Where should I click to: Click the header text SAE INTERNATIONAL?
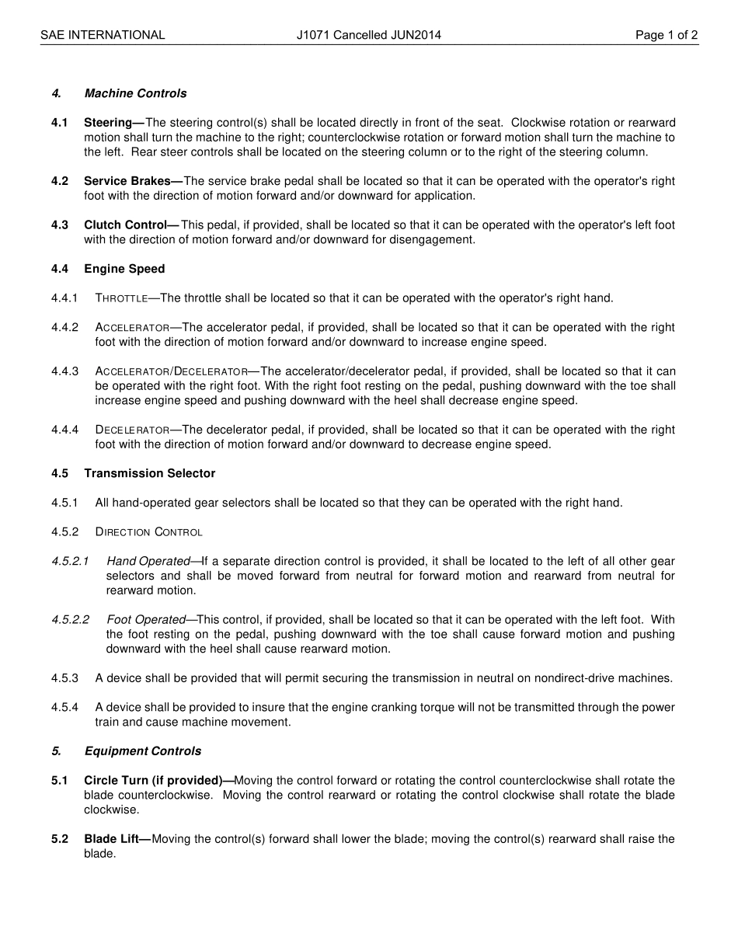(x=103, y=35)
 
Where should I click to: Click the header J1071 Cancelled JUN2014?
(x=368, y=35)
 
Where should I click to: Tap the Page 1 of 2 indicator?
(x=666, y=35)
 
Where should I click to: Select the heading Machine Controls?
(x=135, y=93)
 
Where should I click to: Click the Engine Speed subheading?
(x=124, y=269)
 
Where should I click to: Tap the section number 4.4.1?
(x=65, y=298)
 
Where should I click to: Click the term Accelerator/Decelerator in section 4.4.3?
(x=171, y=371)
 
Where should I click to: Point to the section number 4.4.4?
(x=65, y=430)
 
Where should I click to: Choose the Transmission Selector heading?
(x=149, y=473)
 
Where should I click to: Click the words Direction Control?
(x=148, y=532)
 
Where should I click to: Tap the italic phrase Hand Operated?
(x=148, y=561)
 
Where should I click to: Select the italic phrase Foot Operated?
(x=146, y=620)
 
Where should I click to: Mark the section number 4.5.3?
(x=65, y=678)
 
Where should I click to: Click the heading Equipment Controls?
(x=142, y=751)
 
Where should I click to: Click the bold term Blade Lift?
(x=115, y=839)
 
